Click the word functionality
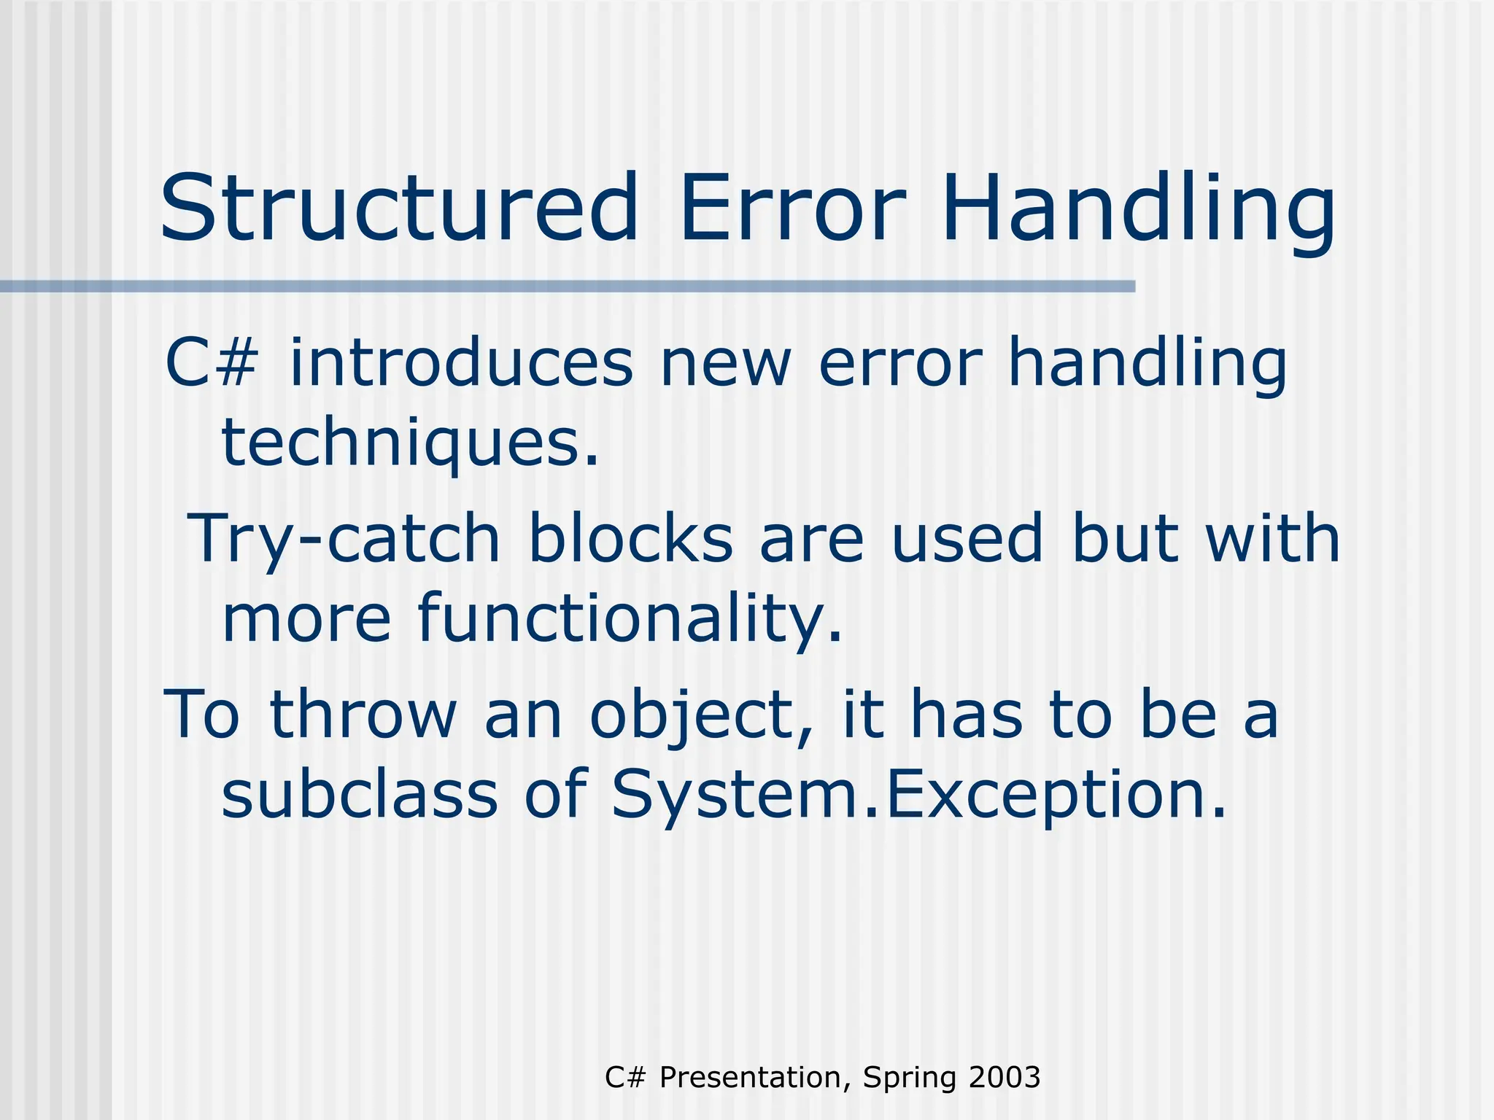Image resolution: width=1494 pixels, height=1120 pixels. click(630, 620)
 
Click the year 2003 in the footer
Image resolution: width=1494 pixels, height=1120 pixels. click(1004, 1078)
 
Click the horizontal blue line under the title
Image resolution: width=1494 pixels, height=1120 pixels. click(568, 287)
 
